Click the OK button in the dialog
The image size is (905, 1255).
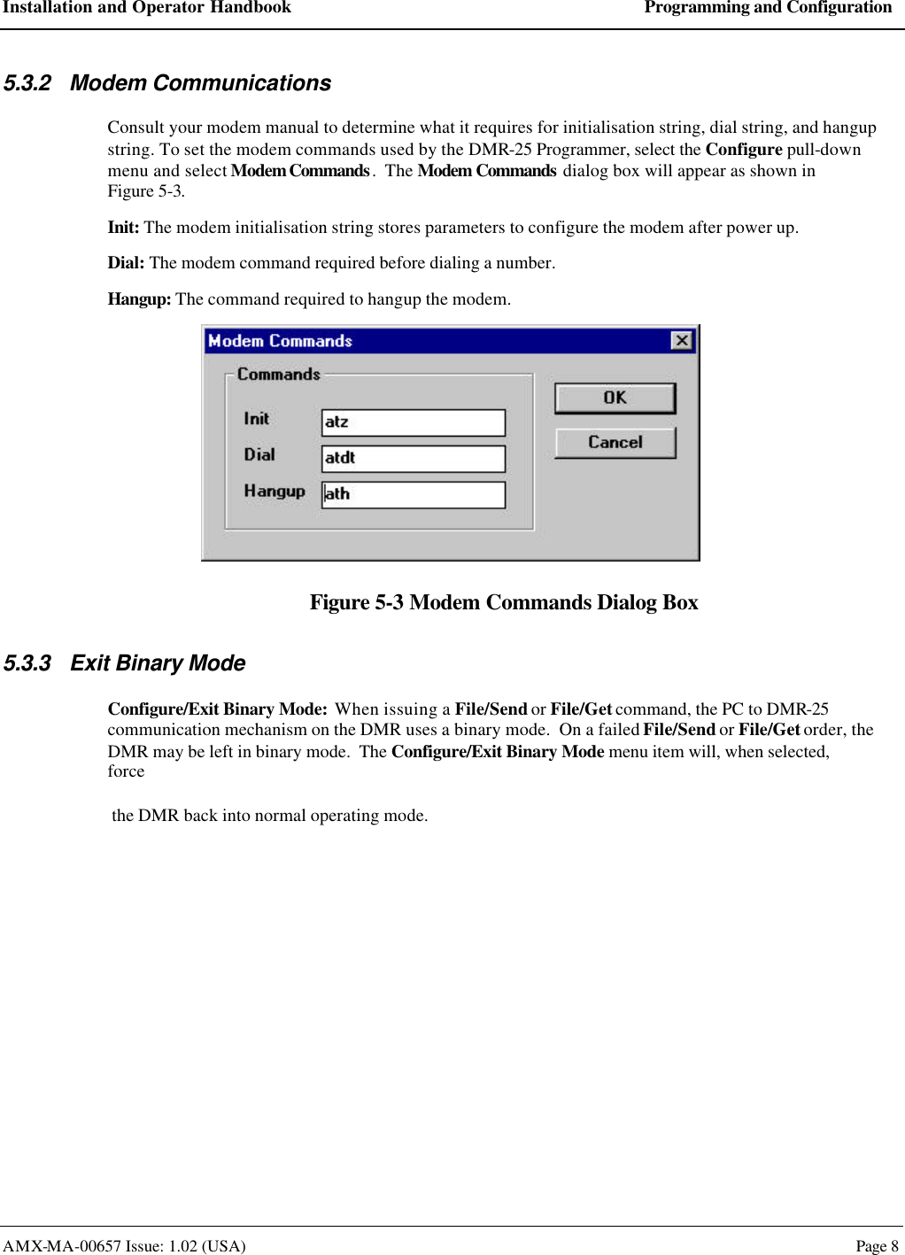[x=615, y=399]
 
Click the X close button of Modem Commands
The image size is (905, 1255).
[x=681, y=341]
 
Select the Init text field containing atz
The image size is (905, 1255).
[x=413, y=422]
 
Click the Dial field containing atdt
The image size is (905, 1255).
[x=413, y=459]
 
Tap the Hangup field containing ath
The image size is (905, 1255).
[x=413, y=494]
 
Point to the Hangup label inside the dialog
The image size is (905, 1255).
[x=275, y=491]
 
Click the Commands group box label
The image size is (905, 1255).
[x=278, y=375]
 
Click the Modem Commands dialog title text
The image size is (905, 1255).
[x=280, y=341]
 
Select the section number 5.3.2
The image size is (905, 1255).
[x=27, y=83]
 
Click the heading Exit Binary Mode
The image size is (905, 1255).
[x=158, y=663]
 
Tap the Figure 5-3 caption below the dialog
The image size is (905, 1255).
[x=503, y=602]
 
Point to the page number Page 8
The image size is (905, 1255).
[x=877, y=1246]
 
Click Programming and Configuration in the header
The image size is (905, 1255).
[x=768, y=8]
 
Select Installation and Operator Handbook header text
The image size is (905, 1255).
[x=146, y=8]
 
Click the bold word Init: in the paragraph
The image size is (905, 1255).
[x=123, y=228]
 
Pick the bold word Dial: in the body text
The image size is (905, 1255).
[x=126, y=263]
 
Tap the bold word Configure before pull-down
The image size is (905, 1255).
[x=743, y=150]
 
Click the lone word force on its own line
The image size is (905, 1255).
[x=126, y=771]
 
